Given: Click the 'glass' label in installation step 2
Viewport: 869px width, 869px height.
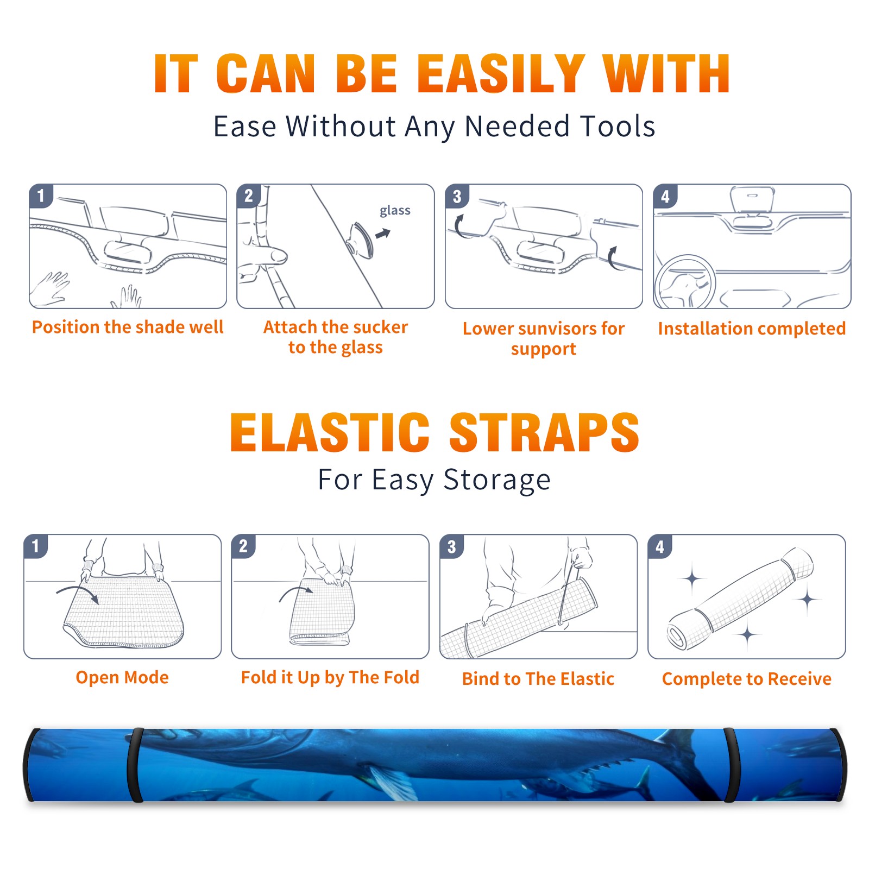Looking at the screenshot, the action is [395, 211].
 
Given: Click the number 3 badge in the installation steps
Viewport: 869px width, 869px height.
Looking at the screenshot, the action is [457, 196].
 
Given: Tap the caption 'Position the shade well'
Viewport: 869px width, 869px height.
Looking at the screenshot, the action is [128, 327].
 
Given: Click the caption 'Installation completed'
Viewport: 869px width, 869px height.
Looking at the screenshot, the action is [752, 328].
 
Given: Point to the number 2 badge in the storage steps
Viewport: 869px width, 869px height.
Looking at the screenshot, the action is [243, 546].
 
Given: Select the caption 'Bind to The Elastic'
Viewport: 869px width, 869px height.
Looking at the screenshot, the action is [538, 679].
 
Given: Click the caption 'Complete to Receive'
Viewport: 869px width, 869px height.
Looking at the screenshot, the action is [746, 679].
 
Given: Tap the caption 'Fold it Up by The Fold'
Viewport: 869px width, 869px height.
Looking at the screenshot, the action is [330, 677].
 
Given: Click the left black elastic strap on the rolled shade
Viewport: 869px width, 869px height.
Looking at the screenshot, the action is [135, 765].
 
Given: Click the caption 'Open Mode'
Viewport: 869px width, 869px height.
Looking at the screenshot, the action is [122, 678].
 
